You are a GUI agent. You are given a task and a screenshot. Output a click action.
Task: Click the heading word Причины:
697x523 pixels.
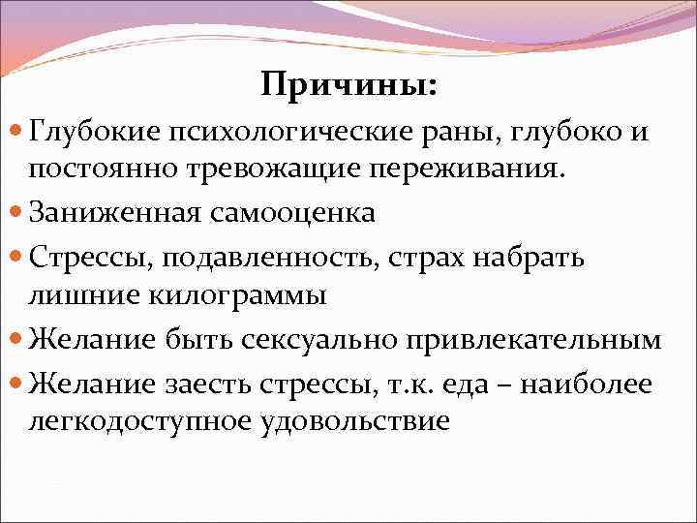coord(348,86)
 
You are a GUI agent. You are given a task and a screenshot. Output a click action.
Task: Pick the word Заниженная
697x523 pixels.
coord(115,212)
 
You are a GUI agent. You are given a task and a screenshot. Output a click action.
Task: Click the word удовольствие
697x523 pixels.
coord(353,422)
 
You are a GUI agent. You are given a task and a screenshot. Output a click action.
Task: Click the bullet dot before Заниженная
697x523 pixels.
coord(19,211)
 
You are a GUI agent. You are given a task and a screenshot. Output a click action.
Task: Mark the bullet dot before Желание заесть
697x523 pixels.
coord(19,383)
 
